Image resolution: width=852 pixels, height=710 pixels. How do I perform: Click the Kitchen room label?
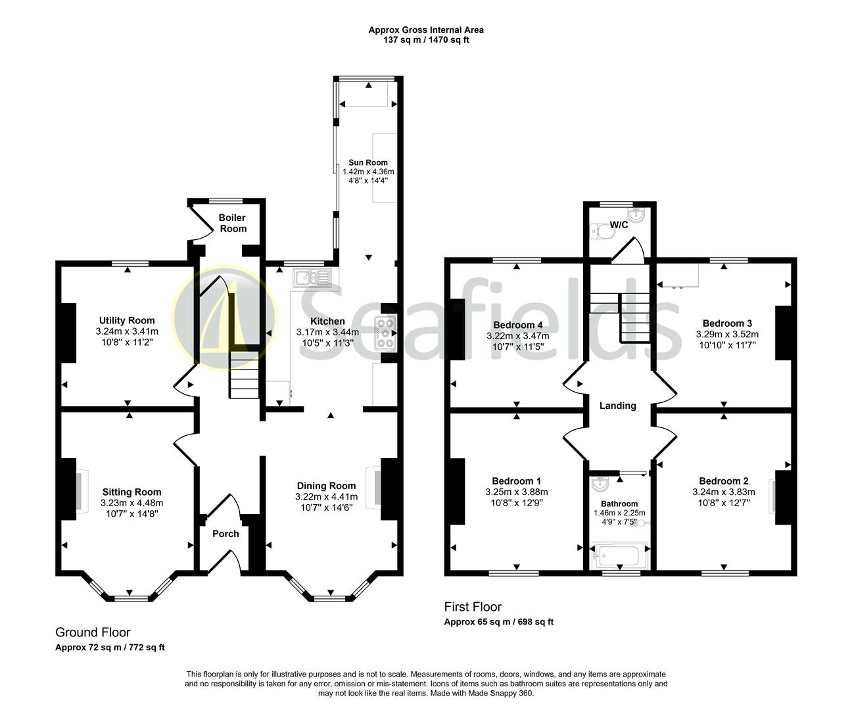[x=327, y=321]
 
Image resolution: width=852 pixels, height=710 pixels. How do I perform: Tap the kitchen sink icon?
[x=312, y=277]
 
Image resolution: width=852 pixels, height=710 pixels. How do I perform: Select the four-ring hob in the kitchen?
[x=385, y=333]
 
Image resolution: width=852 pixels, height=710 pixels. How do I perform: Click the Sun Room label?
[x=368, y=162]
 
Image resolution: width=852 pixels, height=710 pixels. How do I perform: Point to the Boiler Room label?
[x=233, y=224]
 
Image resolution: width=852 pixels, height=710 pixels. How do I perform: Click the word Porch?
[x=225, y=534]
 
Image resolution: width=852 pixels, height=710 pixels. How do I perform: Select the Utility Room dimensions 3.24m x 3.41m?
[x=127, y=331]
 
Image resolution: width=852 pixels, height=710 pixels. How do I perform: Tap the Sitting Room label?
[x=131, y=492]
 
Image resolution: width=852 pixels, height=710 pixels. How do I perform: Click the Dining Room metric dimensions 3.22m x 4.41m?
[x=327, y=496]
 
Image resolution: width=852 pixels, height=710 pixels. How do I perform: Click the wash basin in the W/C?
[x=636, y=214]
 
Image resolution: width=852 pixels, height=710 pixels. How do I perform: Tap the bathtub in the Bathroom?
[x=619, y=556]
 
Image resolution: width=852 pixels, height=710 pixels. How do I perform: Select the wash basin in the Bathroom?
[x=600, y=484]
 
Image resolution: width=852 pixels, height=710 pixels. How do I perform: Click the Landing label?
[x=618, y=406]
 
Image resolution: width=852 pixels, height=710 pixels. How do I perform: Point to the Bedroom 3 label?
[x=727, y=323]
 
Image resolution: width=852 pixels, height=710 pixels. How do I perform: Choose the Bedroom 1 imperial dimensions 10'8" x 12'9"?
[x=517, y=503]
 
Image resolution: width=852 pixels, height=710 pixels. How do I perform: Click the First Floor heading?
[x=473, y=607]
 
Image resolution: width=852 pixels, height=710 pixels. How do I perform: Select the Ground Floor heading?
[x=93, y=632]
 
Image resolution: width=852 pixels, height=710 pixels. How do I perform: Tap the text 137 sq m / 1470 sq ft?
[x=426, y=40]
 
